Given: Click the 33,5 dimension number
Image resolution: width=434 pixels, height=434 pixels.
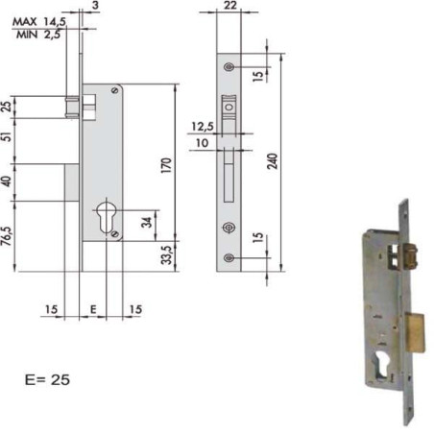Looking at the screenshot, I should tap(165, 254).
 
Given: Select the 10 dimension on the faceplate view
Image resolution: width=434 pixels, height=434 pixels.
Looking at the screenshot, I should tap(202, 143).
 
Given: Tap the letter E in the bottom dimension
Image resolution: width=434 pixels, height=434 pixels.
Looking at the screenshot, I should tap(93, 309).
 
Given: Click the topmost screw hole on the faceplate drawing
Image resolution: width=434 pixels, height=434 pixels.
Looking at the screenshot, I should tap(229, 66).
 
